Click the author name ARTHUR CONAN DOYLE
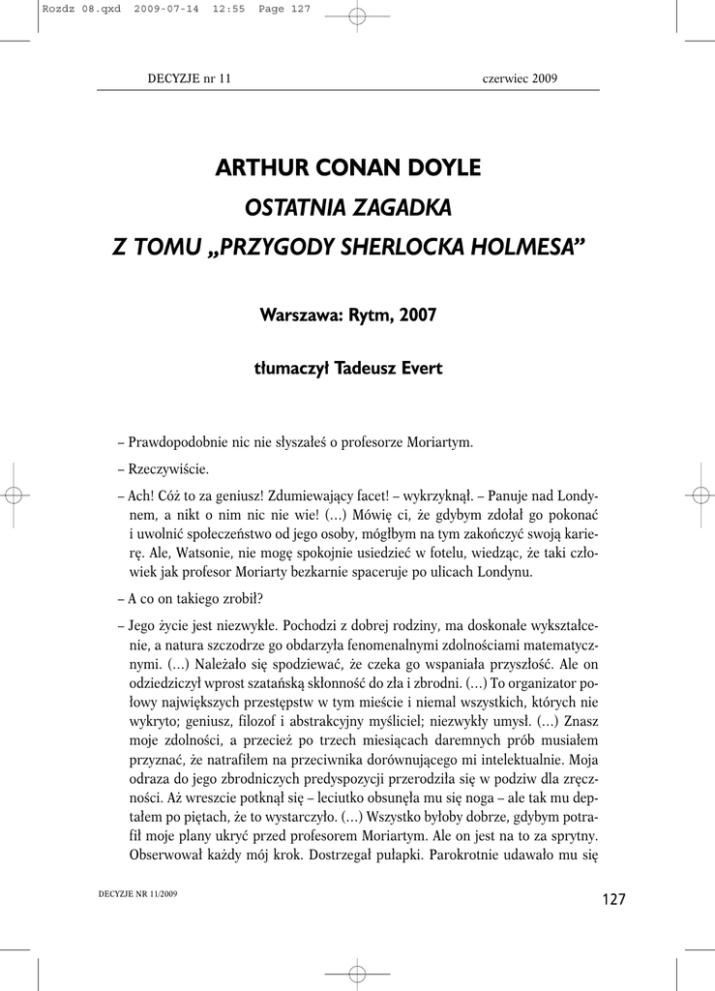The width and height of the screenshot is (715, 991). click(347, 167)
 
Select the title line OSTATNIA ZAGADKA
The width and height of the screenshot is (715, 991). click(347, 207)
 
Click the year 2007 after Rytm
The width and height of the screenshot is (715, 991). click(415, 315)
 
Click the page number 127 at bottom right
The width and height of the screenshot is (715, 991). click(613, 900)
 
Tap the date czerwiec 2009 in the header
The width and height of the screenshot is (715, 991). click(520, 78)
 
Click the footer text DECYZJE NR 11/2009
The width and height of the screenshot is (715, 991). click(138, 895)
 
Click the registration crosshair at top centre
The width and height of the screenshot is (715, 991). click(357, 15)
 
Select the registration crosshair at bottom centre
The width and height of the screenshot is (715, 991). click(357, 973)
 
